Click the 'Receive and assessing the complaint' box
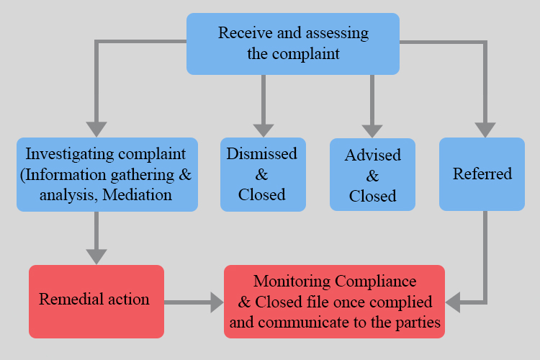click(293, 43)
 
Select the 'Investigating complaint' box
click(107, 174)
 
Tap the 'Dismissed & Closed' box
click(263, 174)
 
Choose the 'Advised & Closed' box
click(372, 175)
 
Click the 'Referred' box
click(482, 174)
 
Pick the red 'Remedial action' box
click(96, 301)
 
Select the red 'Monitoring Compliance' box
click(334, 301)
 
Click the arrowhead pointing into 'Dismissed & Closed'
click(263, 128)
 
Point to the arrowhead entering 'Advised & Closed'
click(372, 129)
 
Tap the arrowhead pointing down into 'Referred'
click(485, 128)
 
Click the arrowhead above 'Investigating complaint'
click(96, 128)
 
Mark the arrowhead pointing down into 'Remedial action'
click(96, 256)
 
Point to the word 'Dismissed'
click(262, 154)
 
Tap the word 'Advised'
click(372, 156)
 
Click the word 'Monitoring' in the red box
click(291, 281)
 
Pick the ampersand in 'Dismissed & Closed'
click(262, 174)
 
